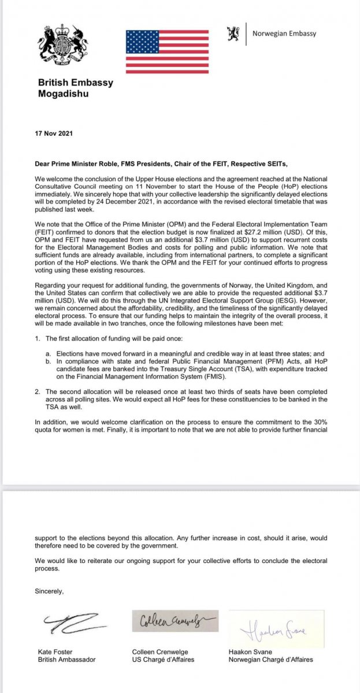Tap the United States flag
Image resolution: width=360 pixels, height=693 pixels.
tap(168, 51)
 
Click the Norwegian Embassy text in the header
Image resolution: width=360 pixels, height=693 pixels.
tap(284, 33)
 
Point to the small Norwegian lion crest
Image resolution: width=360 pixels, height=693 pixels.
tap(233, 33)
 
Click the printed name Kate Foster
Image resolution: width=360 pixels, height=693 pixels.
tap(53, 651)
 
